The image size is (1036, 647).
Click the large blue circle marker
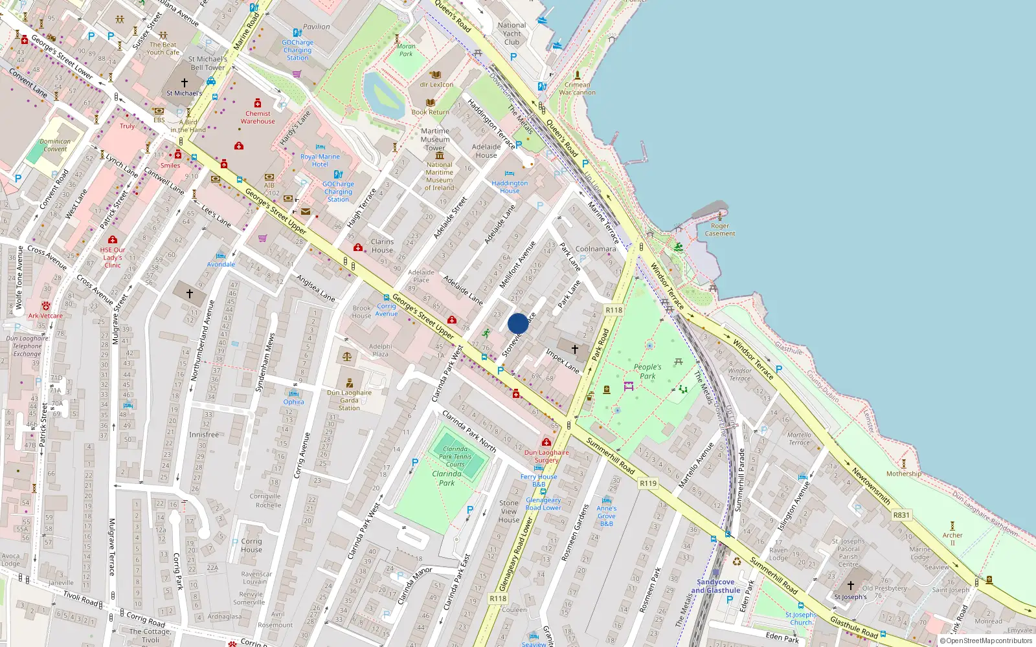pos(518,323)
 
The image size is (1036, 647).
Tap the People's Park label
pos(647,371)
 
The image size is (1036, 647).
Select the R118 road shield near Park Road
pos(614,310)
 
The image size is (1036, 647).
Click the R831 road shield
pos(901,515)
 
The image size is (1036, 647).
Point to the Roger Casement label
pos(720,230)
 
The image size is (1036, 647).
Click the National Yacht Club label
pos(512,34)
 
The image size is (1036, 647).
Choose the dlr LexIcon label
pos(436,84)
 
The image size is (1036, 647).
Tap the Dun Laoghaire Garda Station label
pos(349,400)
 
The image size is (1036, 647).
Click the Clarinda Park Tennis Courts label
pos(455,456)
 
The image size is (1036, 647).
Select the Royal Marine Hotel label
pos(320,160)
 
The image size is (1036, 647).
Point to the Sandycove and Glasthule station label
pos(715,586)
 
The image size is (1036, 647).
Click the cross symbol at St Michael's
pos(185,83)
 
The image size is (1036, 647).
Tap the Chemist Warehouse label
pos(258,117)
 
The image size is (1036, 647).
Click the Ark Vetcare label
pos(45,316)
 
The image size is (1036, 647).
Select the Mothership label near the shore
pos(904,474)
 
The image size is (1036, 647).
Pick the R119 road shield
pos(648,483)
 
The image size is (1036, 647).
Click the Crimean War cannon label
pos(577,89)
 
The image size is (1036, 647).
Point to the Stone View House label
pos(509,511)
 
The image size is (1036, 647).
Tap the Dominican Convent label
pos(55,145)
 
